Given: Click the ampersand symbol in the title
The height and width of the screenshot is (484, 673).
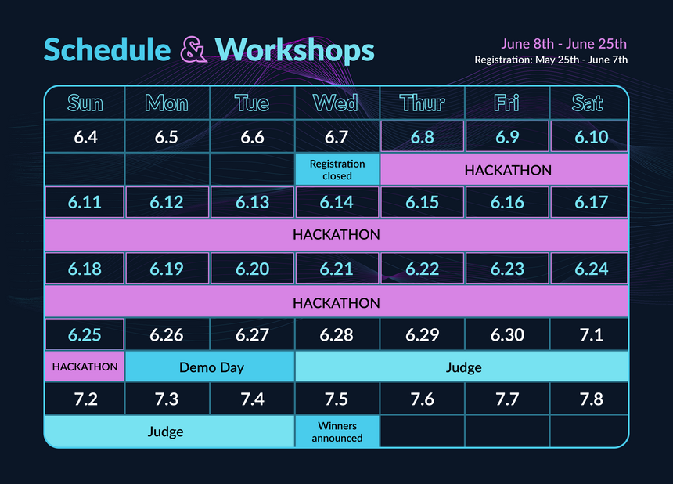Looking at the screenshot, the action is pyautogui.click(x=193, y=50).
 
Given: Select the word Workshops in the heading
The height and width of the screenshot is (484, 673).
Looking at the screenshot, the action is pyautogui.click(x=295, y=50).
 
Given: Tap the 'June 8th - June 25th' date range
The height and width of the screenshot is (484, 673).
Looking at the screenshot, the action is pyautogui.click(x=563, y=44).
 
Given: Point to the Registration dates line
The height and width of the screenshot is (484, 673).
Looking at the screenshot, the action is pyautogui.click(x=551, y=60).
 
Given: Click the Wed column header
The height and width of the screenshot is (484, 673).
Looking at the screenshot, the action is pyautogui.click(x=337, y=103).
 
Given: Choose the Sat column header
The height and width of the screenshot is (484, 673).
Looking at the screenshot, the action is pyautogui.click(x=588, y=103).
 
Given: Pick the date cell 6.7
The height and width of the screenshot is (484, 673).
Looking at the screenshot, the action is pyautogui.click(x=337, y=137).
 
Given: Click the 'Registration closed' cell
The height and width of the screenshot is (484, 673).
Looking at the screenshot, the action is pyautogui.click(x=337, y=170).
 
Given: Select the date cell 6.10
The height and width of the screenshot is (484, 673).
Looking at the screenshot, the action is pyautogui.click(x=588, y=136).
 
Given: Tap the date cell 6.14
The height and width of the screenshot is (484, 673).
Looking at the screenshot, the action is pyautogui.click(x=337, y=202).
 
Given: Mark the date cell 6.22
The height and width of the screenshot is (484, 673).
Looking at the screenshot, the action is pyautogui.click(x=423, y=269).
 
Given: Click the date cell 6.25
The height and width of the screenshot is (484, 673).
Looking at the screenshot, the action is pyautogui.click(x=85, y=334).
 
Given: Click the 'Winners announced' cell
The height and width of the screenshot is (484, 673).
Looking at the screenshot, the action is pyautogui.click(x=337, y=432).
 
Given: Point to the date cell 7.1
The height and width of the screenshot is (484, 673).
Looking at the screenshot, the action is pyautogui.click(x=588, y=334).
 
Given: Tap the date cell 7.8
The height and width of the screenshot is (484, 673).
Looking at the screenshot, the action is pyautogui.click(x=588, y=399).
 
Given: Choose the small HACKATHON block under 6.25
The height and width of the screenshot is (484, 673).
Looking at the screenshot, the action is pyautogui.click(x=85, y=367).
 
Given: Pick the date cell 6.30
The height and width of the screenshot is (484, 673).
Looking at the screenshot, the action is pyautogui.click(x=507, y=334).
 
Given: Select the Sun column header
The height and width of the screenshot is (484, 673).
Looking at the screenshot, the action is pyautogui.click(x=85, y=103).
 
